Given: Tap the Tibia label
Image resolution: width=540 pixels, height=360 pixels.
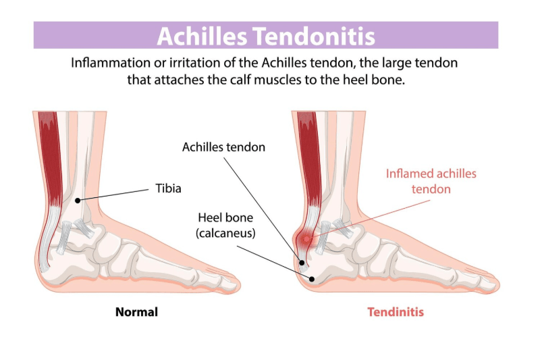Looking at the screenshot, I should pyautogui.click(x=169, y=188).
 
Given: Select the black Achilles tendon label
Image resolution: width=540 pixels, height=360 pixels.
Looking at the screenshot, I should pyautogui.click(x=223, y=147).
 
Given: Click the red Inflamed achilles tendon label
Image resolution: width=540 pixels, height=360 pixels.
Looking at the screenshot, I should pyautogui.click(x=431, y=181).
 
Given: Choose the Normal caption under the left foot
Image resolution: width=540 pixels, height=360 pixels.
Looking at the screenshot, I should pyautogui.click(x=136, y=312).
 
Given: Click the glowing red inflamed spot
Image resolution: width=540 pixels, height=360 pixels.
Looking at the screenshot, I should pyautogui.click(x=308, y=238).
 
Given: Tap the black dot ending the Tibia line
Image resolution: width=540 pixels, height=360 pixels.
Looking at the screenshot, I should pyautogui.click(x=78, y=200).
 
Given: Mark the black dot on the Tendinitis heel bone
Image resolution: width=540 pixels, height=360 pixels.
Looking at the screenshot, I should pyautogui.click(x=310, y=278).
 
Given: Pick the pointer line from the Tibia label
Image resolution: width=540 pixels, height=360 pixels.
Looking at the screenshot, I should pyautogui.click(x=115, y=194).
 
